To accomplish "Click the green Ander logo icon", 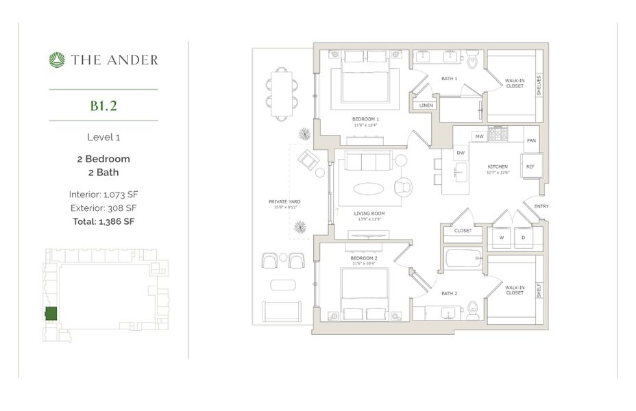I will pyautogui.click(x=56, y=60).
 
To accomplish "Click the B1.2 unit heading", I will pyautogui.click(x=103, y=105).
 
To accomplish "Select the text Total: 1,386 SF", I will pyautogui.click(x=103, y=221).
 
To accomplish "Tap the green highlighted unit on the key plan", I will pyautogui.click(x=51, y=314).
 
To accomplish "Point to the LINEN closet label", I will pyautogui.click(x=426, y=105).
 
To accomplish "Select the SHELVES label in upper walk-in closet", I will pyautogui.click(x=539, y=85).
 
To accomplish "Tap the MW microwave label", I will pyautogui.click(x=479, y=137).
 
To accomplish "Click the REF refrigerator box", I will pyautogui.click(x=530, y=166).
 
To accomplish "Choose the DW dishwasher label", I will pyautogui.click(x=461, y=153).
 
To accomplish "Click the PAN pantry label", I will pyautogui.click(x=531, y=140).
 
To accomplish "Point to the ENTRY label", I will pyautogui.click(x=541, y=206).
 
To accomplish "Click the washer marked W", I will pyautogui.click(x=502, y=238).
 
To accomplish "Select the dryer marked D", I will pyautogui.click(x=522, y=238).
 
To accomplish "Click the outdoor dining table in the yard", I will pyautogui.click(x=282, y=94).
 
